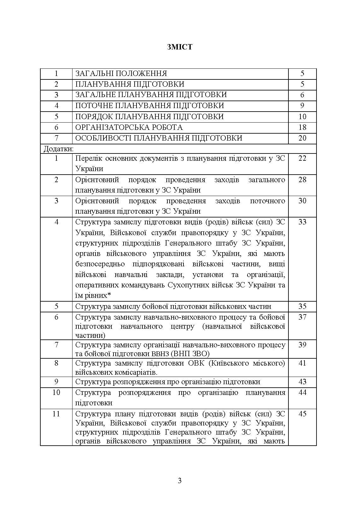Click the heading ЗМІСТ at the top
click(x=180, y=47)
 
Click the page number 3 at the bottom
click(x=180, y=481)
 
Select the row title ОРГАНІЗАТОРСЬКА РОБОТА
click(x=129, y=127)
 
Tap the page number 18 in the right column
click(x=302, y=127)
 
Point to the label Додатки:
click(x=58, y=148)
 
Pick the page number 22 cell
click(x=302, y=158)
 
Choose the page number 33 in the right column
click(x=302, y=222)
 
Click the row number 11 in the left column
click(x=56, y=414)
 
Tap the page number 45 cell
click(x=302, y=414)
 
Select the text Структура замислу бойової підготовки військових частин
click(x=173, y=306)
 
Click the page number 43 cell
click(x=302, y=382)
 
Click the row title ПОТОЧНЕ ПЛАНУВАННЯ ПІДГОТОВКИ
click(x=149, y=106)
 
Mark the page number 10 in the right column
click(x=302, y=117)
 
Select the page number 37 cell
click(x=302, y=317)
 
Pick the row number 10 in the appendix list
click(x=56, y=393)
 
